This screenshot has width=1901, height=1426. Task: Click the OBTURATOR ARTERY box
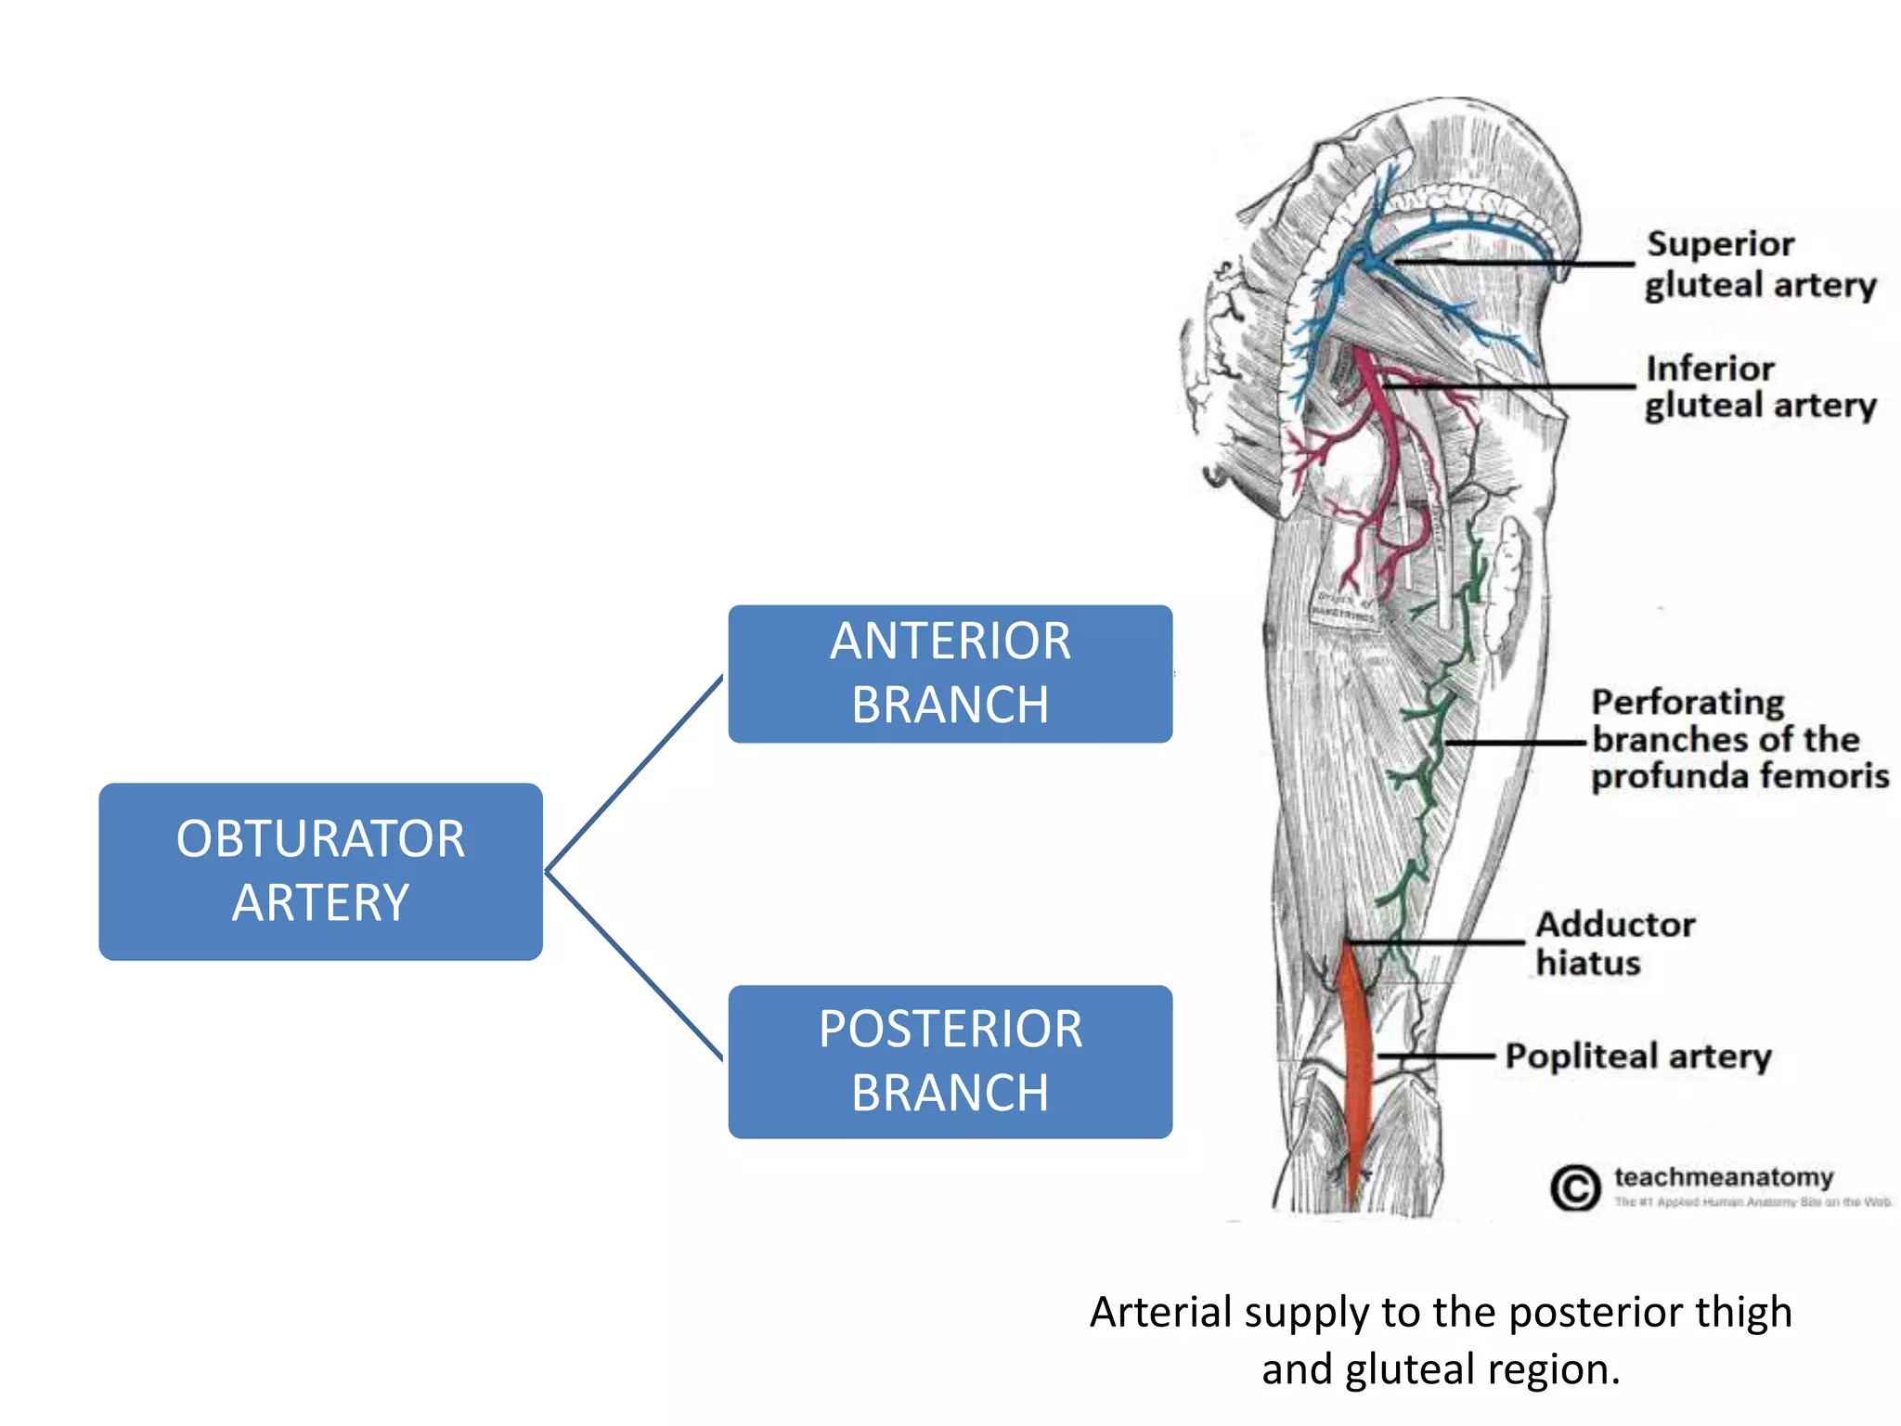tap(320, 871)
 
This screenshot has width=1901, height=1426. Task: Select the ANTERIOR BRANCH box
tap(950, 673)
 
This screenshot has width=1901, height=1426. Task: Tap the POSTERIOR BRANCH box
tap(950, 1061)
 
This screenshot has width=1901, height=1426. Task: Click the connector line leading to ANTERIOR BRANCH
tap(636, 772)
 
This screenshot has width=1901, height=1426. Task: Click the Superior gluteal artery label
tap(1759, 265)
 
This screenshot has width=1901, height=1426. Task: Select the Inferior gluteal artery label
tap(1759, 387)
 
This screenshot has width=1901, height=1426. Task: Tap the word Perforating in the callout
tap(1688, 703)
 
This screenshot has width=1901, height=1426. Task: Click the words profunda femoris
tap(1740, 776)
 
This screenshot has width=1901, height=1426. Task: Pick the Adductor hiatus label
tap(1615, 943)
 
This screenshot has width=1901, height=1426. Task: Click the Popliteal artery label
tap(1638, 1057)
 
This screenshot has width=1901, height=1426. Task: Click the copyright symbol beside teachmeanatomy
tap(1575, 1187)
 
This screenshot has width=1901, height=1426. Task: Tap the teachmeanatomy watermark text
tap(1724, 1177)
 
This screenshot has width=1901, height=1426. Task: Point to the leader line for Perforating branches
tap(1513, 743)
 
